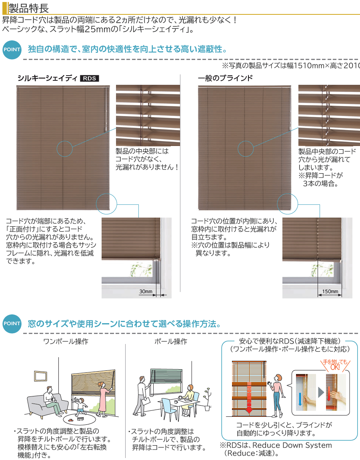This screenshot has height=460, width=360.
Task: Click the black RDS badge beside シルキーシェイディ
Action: point(90,78)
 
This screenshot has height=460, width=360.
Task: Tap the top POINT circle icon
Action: point(12,50)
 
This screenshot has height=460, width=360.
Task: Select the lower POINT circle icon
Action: point(12,324)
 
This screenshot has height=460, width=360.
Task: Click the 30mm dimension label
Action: point(146,291)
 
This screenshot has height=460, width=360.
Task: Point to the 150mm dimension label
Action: point(330,291)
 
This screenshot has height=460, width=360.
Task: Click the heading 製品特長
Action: point(28,8)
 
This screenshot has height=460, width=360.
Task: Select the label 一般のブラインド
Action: point(225,78)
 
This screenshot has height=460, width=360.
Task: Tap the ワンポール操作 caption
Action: point(66,342)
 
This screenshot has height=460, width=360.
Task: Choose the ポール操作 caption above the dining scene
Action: point(171,342)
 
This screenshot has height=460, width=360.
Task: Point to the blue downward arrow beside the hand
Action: point(300,399)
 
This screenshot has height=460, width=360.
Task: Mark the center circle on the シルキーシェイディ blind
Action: point(64,149)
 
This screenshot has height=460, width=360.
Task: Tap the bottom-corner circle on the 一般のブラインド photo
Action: point(288,204)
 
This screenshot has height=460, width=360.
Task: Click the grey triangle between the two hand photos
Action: point(321,392)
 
